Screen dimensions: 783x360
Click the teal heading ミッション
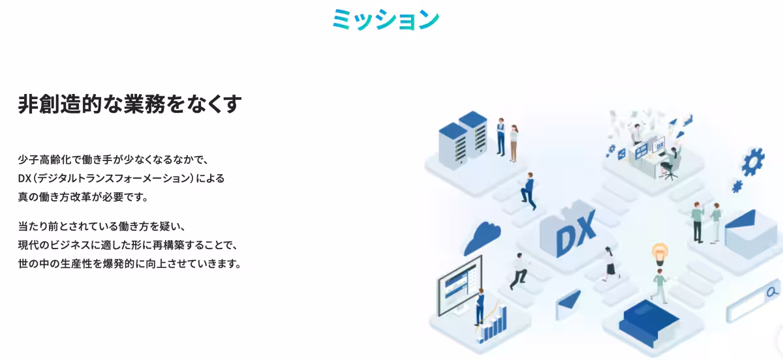point(386,19)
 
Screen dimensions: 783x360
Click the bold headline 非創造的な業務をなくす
point(130,104)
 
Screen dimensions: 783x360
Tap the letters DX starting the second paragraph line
point(25,179)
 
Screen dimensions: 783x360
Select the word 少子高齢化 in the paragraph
point(44,160)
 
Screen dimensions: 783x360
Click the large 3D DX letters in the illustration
point(575,233)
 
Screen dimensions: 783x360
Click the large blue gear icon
point(753,162)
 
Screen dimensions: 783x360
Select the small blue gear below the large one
point(737,187)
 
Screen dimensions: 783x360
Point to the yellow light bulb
point(660,254)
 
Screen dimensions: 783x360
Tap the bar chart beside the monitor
point(493,325)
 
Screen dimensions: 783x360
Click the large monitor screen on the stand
point(460,285)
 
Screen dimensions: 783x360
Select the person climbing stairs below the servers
point(528,191)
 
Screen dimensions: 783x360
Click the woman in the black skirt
point(610,264)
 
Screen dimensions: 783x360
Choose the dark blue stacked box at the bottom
point(649,323)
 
